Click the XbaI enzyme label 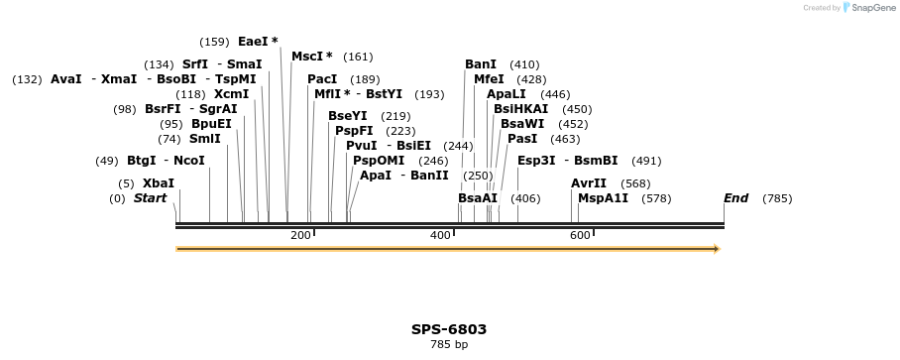coord(159,183)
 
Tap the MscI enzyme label coord(311,57)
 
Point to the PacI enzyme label coord(322,79)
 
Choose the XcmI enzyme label coord(231,94)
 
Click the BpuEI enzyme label coord(211,124)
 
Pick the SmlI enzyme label coord(204,139)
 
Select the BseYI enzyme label coord(347,116)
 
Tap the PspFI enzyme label coord(354,131)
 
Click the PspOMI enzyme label coord(379,161)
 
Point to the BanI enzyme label coord(481,64)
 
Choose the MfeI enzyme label coord(489,79)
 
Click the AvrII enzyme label coord(589,183)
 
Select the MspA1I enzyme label coord(603,198)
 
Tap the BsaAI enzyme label coord(478,198)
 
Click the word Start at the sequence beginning coord(150,198)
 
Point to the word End coord(735,198)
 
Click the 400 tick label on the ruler coord(440,235)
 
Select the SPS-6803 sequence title coord(449,329)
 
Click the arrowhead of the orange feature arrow coord(716,249)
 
